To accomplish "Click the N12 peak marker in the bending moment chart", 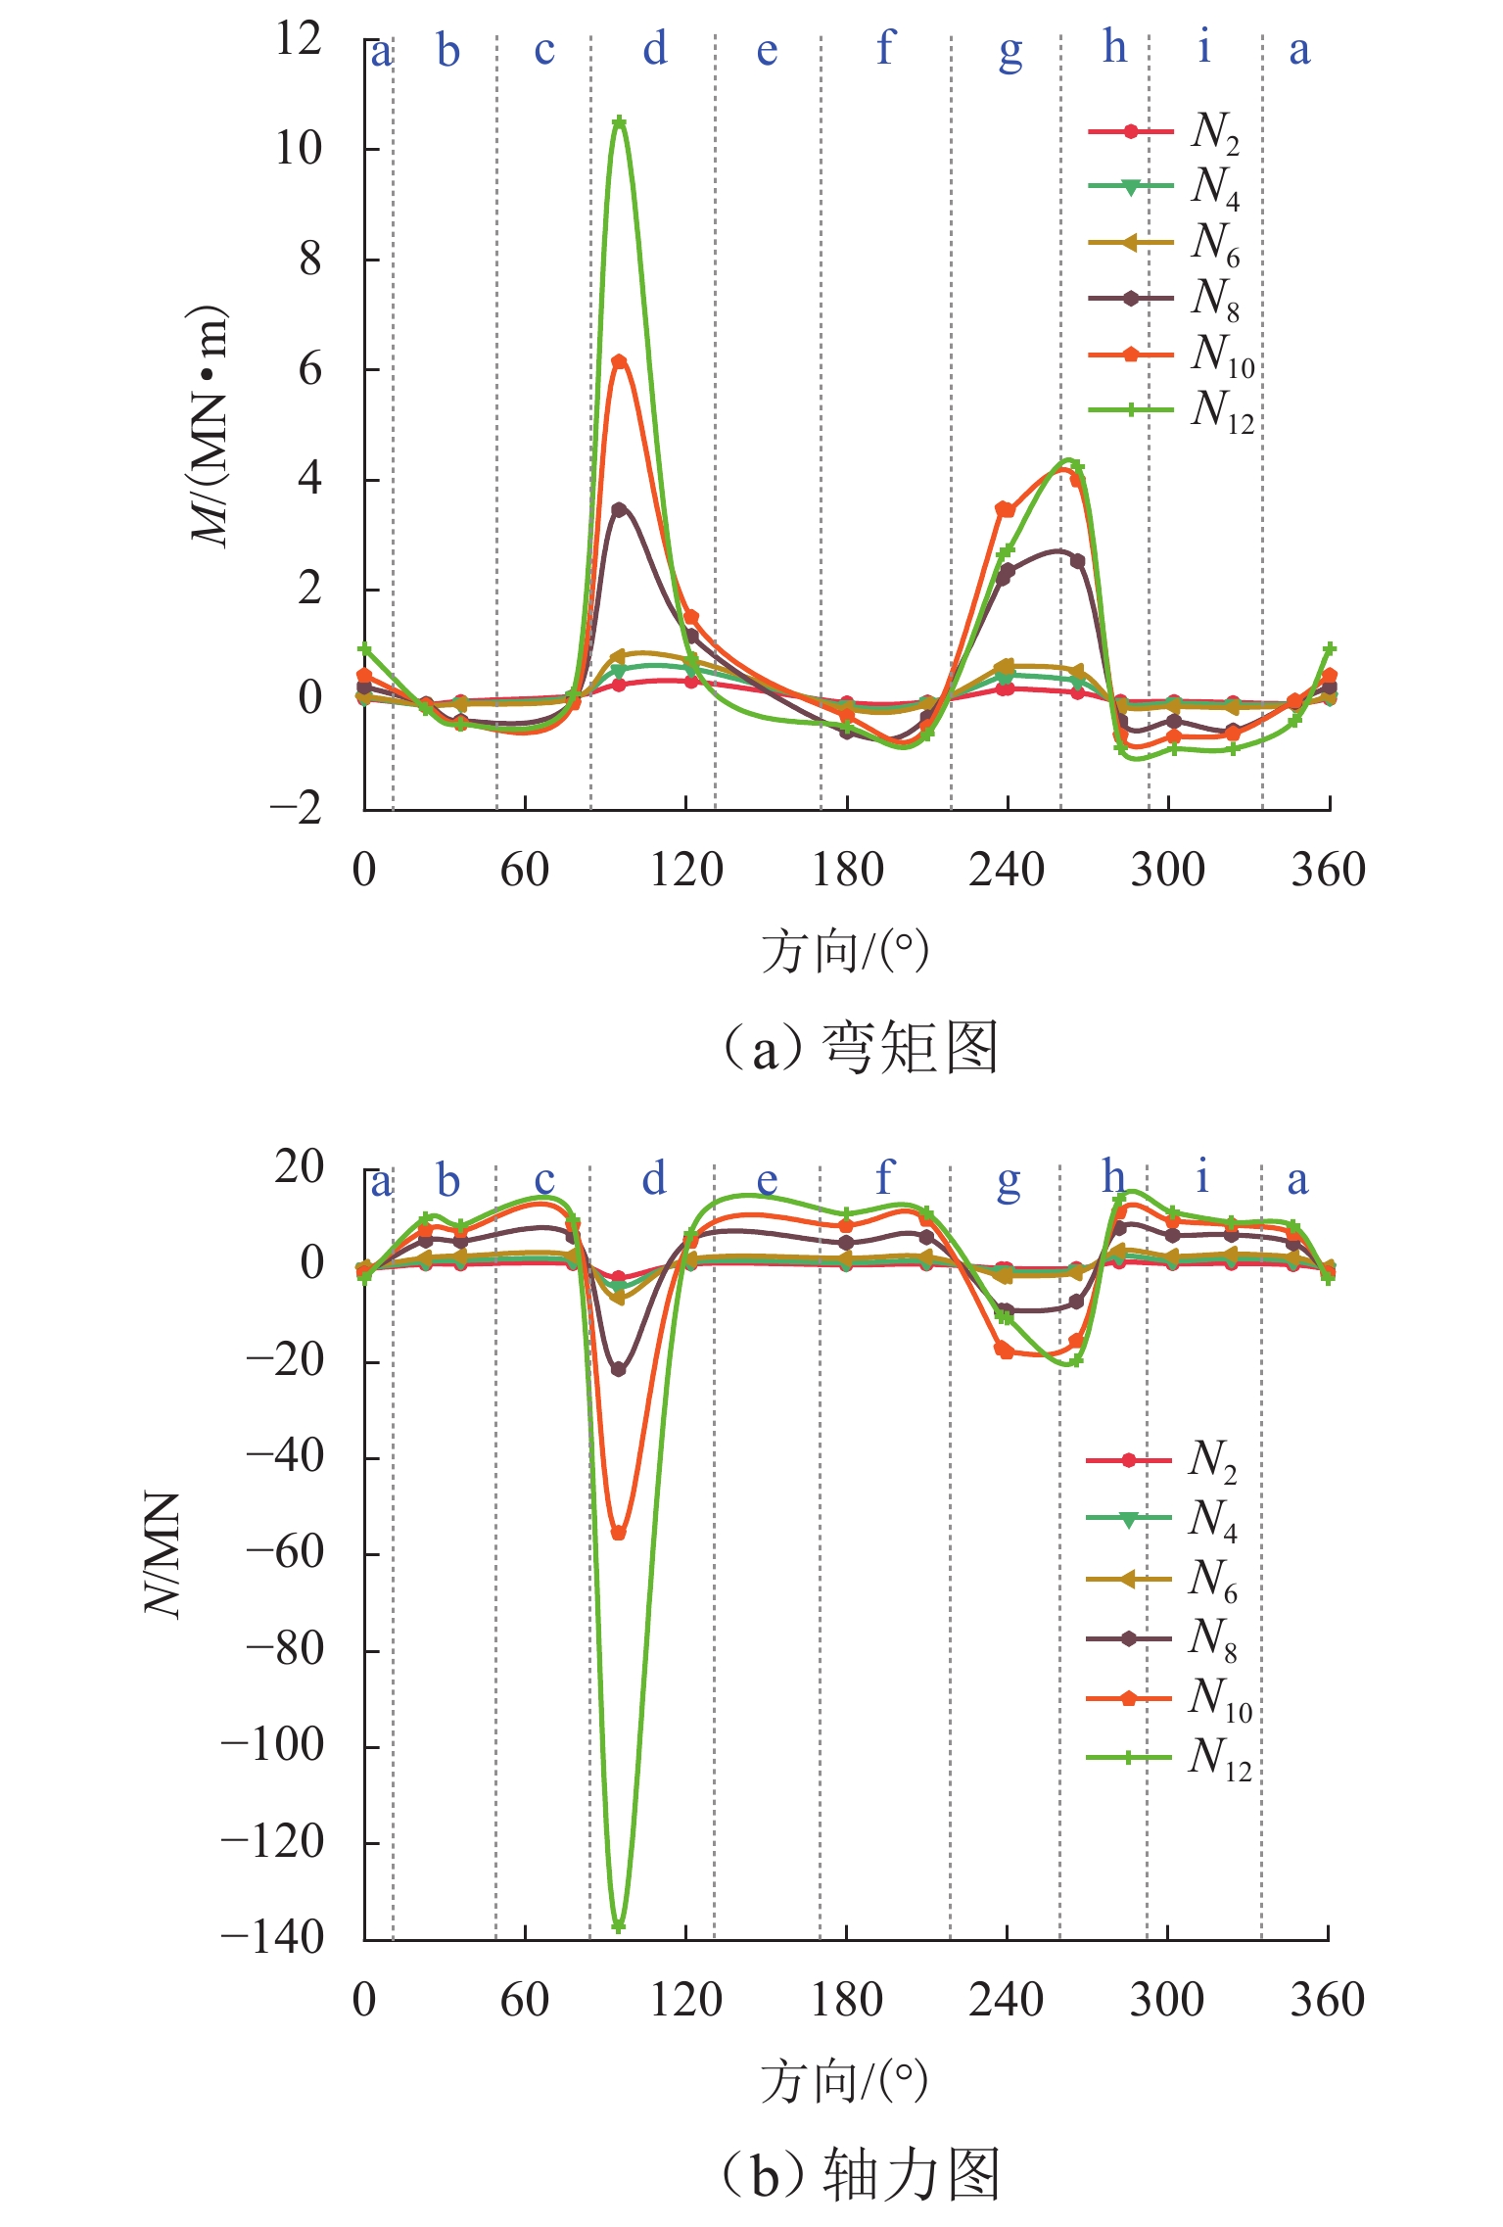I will click(x=619, y=122).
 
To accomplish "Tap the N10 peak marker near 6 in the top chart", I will click(x=619, y=361).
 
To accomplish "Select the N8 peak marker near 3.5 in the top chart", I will click(x=619, y=509).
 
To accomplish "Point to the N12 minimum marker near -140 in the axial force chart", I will click(x=619, y=1927).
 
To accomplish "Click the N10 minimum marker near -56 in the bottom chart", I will click(x=619, y=1534).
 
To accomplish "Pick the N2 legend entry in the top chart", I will click(x=1165, y=132).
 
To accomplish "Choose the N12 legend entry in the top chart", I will click(x=1170, y=410).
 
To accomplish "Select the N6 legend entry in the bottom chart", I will click(x=1163, y=1579).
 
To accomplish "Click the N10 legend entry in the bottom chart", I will click(x=1169, y=1698).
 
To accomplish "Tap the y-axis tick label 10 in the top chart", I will click(x=299, y=149).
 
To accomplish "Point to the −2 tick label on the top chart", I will click(x=296, y=808).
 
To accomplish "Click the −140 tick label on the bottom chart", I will click(x=272, y=1937).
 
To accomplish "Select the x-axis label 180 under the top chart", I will click(x=847, y=870).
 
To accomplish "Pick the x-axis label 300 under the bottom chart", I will click(x=1167, y=1999).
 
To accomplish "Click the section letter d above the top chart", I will click(x=655, y=48).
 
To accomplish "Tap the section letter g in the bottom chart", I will click(x=1009, y=1180).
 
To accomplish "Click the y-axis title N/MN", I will click(x=163, y=1554).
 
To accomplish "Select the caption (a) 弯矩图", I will click(x=860, y=1047).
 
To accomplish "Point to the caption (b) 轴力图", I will click(x=860, y=2175).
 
